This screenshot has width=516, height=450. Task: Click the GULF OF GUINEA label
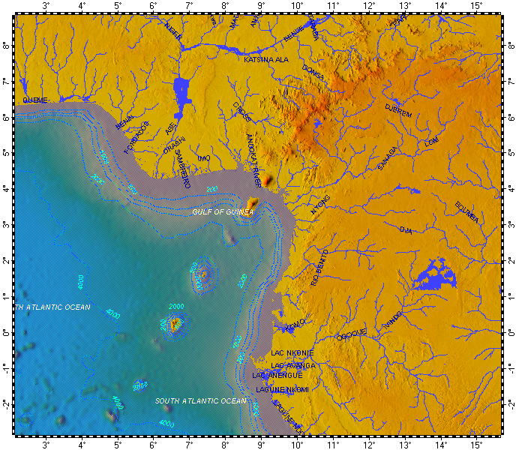pos(223,212)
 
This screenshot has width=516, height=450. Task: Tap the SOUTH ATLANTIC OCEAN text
pos(200,401)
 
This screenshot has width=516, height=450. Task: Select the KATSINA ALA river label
pos(266,58)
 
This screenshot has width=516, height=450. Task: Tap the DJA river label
pos(407,229)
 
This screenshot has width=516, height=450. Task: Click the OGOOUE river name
pos(352,332)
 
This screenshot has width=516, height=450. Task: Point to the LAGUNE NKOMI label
pos(282,389)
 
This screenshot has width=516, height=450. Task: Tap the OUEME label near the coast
pos(34,100)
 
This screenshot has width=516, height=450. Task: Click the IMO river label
pos(203,158)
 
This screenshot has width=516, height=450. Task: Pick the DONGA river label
pos(313,72)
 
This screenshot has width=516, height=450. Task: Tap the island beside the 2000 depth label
pos(176,324)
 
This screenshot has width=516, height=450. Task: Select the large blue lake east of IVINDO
pos(436,276)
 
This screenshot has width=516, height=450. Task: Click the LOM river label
pos(430,141)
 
